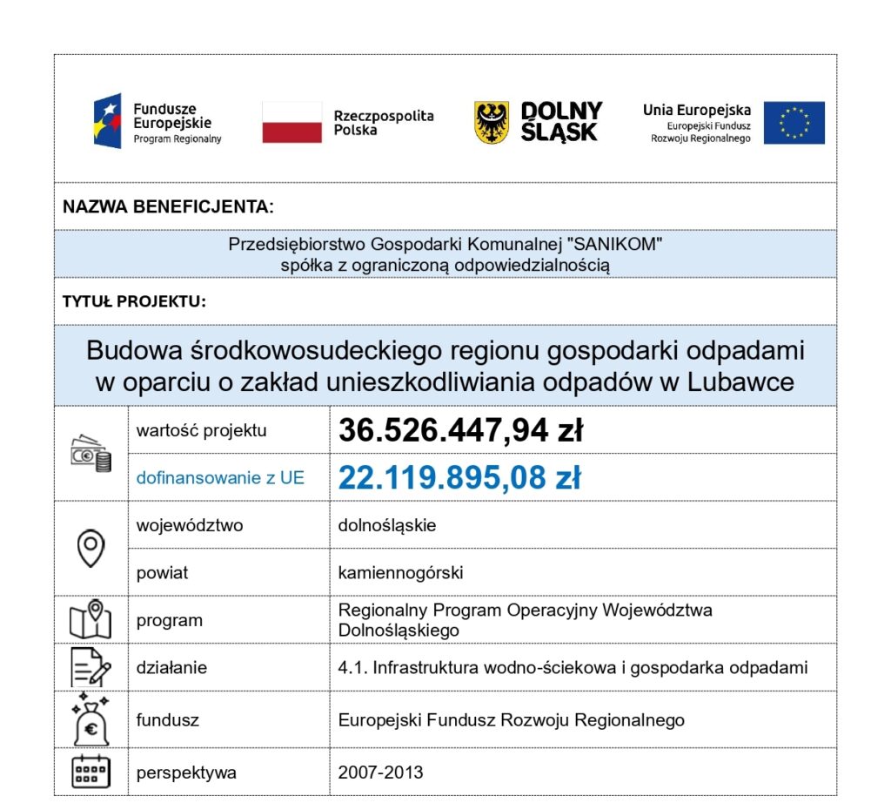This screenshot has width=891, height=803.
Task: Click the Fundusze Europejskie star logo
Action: pyautogui.click(x=108, y=122)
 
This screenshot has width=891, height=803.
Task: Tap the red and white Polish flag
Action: pyautogui.click(x=291, y=122)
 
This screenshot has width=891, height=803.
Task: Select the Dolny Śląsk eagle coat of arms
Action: pyautogui.click(x=491, y=122)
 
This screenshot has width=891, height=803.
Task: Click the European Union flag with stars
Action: pyautogui.click(x=794, y=123)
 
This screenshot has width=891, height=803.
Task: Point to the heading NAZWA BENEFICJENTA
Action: pyautogui.click(x=168, y=207)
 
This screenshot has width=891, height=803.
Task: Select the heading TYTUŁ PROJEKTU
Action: pyautogui.click(x=134, y=302)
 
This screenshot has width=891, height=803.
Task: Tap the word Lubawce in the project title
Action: pyautogui.click(x=746, y=382)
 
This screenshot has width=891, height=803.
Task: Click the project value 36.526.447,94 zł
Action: pyautogui.click(x=460, y=430)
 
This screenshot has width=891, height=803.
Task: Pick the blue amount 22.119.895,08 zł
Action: pyautogui.click(x=459, y=477)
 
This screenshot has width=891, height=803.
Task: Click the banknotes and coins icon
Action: pyautogui.click(x=90, y=454)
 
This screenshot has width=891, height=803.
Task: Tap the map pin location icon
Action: pyautogui.click(x=90, y=548)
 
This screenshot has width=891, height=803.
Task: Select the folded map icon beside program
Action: pyautogui.click(x=90, y=619)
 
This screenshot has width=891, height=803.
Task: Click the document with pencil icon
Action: pyautogui.click(x=90, y=668)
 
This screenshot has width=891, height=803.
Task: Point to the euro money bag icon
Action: pyautogui.click(x=90, y=719)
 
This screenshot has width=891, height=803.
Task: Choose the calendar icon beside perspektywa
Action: pyautogui.click(x=90, y=772)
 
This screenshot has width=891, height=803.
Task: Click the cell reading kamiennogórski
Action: pyautogui.click(x=400, y=573)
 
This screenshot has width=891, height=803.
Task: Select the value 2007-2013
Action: pyautogui.click(x=380, y=773)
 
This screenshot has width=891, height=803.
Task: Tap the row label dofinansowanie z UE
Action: pyautogui.click(x=220, y=478)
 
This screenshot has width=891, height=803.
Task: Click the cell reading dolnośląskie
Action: pyautogui.click(x=387, y=526)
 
